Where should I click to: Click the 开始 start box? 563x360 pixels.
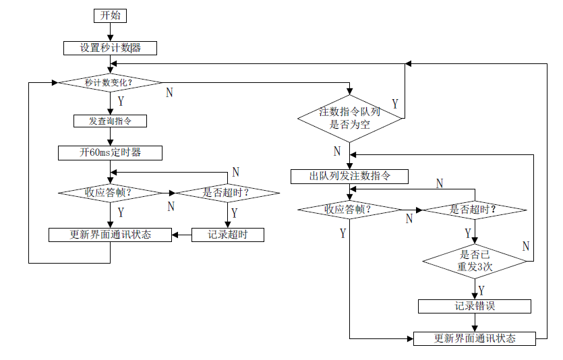110,16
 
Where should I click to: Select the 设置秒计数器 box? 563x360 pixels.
110,49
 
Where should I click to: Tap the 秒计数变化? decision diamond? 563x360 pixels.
110,82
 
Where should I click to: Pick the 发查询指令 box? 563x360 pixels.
110,121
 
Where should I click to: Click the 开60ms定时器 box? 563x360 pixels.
110,153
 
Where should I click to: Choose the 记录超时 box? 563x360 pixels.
227,235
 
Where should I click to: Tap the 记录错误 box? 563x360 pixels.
475,307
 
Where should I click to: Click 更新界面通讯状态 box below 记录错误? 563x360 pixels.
475,338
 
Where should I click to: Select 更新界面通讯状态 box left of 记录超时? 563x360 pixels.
110,235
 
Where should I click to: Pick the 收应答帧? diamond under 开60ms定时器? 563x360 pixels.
110,193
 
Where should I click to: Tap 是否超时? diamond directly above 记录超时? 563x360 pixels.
227,193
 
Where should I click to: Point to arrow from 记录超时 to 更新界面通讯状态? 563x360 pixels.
181,235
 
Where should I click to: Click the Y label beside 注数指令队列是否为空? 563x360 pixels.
394,104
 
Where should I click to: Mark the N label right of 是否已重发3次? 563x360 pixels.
525,246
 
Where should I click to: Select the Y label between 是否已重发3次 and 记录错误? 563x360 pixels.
481,290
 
